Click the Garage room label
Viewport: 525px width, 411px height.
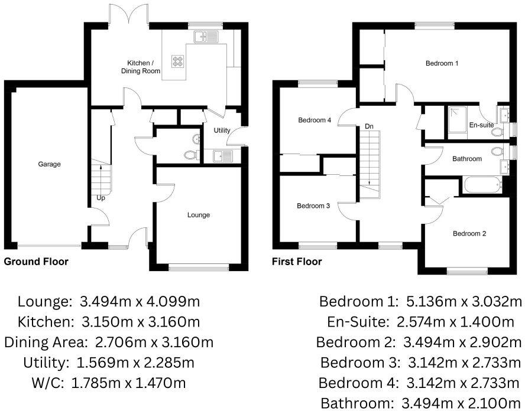[49, 164]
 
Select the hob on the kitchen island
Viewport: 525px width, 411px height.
[178, 61]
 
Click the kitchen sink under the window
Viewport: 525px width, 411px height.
[205, 37]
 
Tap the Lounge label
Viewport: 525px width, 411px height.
[198, 215]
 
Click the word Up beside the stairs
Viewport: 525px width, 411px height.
[101, 198]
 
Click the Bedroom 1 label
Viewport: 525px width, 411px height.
[442, 63]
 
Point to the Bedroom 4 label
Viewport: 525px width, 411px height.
[314, 120]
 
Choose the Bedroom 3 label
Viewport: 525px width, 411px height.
[313, 206]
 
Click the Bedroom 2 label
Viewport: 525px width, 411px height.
[469, 233]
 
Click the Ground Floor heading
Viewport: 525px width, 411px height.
[36, 262]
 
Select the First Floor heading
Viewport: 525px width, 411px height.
[297, 262]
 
